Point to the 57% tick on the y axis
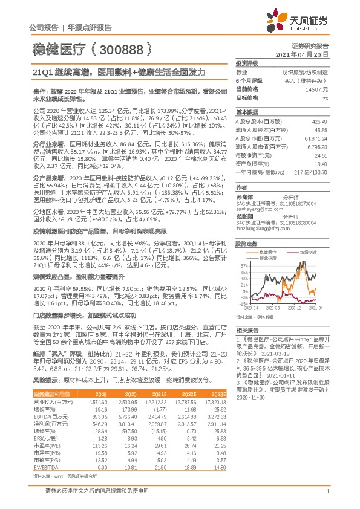243,265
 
